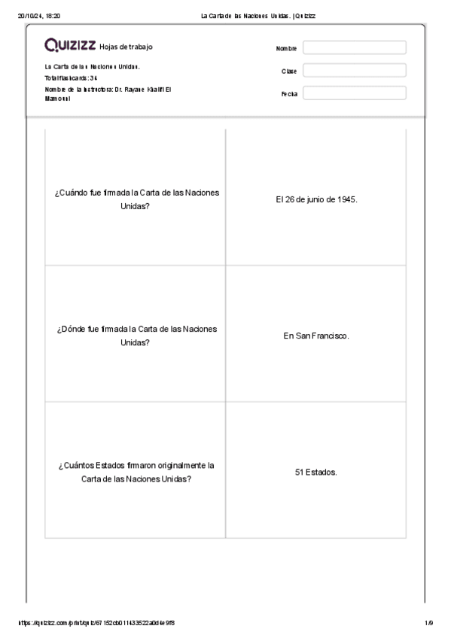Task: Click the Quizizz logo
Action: (x=70, y=46)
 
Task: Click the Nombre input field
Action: (x=354, y=48)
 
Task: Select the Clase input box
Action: (x=354, y=71)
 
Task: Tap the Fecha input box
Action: (x=354, y=93)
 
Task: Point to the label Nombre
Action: (x=287, y=49)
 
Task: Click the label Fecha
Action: (x=289, y=94)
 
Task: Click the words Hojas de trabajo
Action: (x=126, y=47)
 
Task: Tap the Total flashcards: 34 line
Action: (x=72, y=77)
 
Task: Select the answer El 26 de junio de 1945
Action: (x=316, y=199)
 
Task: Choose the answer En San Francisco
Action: (x=316, y=336)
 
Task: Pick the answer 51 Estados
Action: (x=316, y=472)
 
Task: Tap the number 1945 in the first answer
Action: (x=346, y=199)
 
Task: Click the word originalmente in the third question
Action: (x=181, y=466)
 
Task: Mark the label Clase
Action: (x=289, y=71)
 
